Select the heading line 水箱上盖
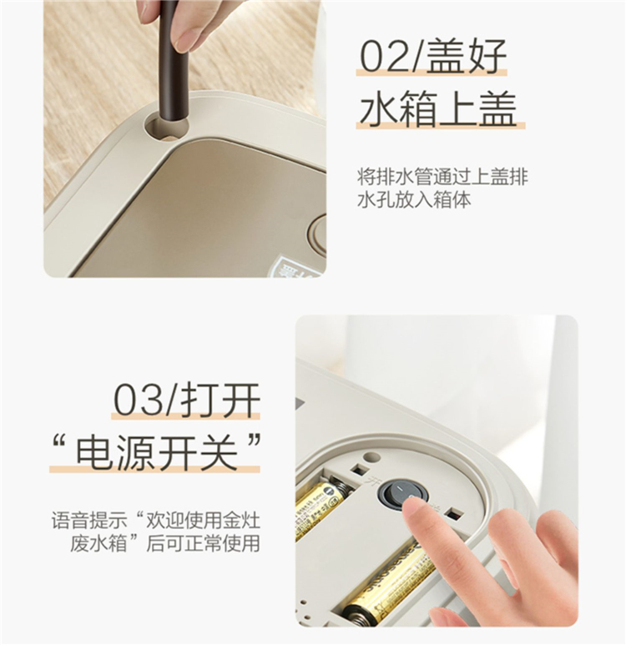(x=438, y=107)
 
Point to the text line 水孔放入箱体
(x=414, y=200)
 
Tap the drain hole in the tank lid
(x=167, y=124)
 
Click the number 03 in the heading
(x=138, y=399)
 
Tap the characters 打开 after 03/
(x=220, y=399)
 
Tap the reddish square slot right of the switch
(x=454, y=515)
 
